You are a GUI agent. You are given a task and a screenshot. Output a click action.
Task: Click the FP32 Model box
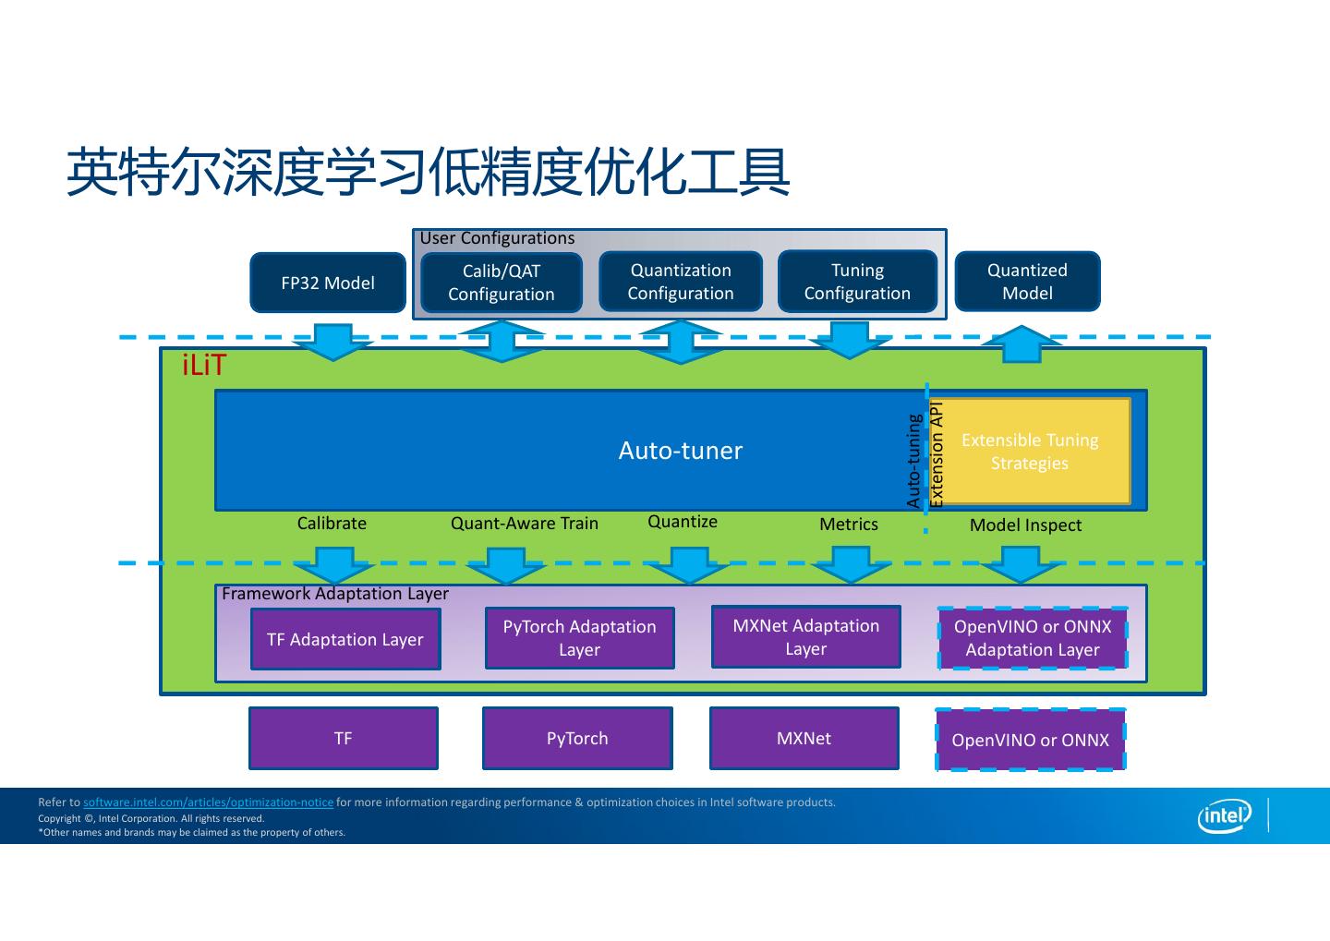tap(328, 283)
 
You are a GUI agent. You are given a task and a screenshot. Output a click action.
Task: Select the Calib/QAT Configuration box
tap(502, 283)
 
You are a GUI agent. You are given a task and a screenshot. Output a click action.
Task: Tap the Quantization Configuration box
tap(681, 282)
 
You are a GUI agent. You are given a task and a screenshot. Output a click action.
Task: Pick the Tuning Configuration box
tap(857, 282)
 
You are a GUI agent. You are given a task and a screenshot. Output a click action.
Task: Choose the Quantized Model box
tap(1027, 282)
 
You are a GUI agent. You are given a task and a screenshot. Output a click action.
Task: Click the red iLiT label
tap(203, 365)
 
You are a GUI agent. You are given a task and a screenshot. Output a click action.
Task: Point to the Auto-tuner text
tap(681, 451)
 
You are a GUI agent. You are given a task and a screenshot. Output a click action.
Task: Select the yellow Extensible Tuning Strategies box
tap(1030, 452)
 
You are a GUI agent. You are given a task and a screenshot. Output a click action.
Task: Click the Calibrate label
tap(332, 523)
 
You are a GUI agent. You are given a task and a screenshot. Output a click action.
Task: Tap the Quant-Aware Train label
tap(525, 523)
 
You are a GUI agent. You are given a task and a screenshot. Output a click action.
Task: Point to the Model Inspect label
tap(1025, 525)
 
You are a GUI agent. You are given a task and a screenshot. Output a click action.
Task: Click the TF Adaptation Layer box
tap(345, 639)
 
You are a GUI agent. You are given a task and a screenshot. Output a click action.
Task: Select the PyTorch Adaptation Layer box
tap(579, 637)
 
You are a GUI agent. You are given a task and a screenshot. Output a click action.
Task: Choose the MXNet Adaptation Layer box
tap(805, 636)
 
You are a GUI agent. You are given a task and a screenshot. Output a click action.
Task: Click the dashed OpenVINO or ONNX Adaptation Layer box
tap(1033, 637)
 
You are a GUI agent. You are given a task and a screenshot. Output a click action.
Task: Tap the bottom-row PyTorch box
tap(577, 738)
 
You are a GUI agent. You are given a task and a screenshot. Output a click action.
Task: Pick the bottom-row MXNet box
tap(804, 738)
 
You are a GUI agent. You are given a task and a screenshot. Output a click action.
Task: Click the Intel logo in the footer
tap(1225, 815)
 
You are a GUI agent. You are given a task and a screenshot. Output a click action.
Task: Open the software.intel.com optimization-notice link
tap(208, 802)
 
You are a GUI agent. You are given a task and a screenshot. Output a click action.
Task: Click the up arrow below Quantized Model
tap(1022, 344)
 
